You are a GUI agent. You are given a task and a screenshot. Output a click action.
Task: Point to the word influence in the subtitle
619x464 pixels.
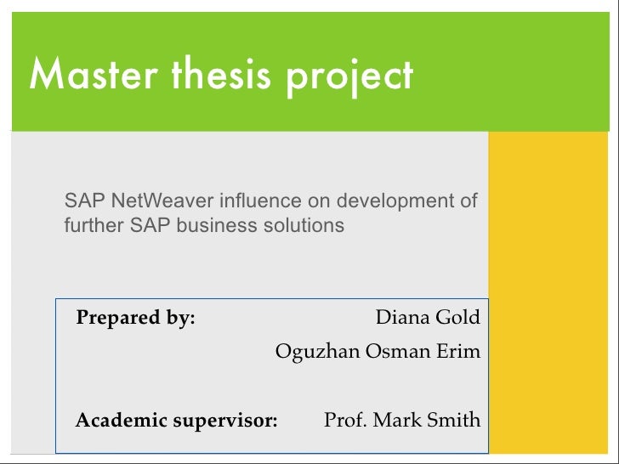(x=260, y=201)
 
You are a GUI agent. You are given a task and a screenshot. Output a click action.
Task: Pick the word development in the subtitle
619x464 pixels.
(x=395, y=202)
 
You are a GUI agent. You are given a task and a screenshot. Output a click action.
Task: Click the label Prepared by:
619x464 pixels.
(x=136, y=319)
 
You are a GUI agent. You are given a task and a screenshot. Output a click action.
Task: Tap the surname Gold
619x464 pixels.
(x=457, y=319)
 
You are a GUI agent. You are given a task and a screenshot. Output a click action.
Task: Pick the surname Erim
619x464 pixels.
(x=459, y=351)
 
